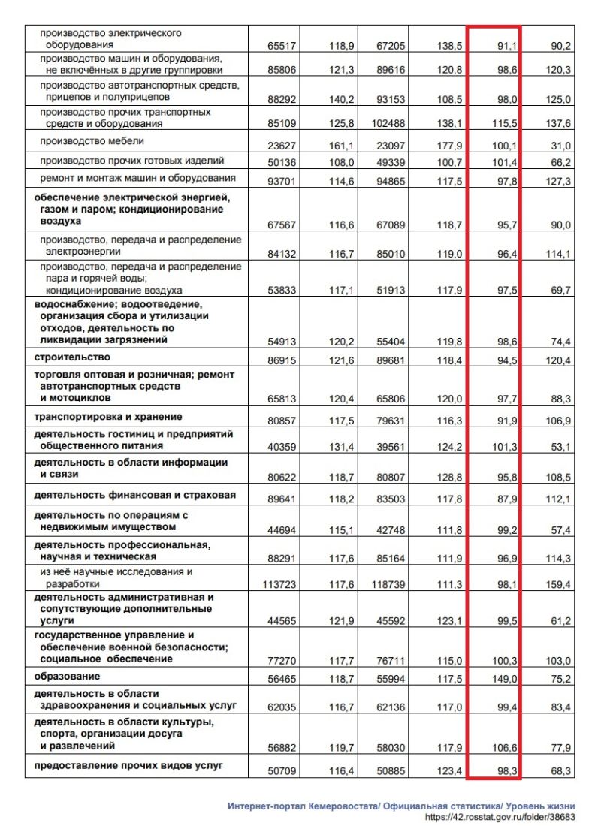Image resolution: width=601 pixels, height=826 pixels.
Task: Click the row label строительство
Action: tap(69, 359)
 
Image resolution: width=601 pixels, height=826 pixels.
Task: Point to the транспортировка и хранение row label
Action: tap(108, 417)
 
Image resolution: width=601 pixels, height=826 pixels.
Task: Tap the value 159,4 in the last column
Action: tap(558, 583)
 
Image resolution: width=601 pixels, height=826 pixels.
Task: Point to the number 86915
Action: tap(282, 362)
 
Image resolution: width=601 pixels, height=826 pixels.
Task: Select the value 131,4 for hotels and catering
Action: tap(341, 448)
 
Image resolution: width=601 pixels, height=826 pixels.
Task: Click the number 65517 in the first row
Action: tap(282, 46)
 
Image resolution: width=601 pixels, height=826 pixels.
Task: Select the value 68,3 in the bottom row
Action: tap(560, 771)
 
